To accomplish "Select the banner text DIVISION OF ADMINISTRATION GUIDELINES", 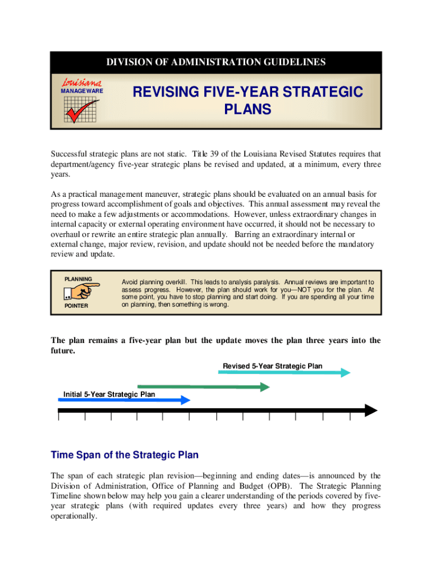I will [x=216, y=62].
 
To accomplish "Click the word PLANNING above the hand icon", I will [x=79, y=279].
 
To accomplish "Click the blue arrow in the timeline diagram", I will [x=123, y=400].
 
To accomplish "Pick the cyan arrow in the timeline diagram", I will [x=284, y=372].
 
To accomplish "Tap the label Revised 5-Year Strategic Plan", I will [x=273, y=366].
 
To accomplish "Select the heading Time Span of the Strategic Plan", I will [x=125, y=455].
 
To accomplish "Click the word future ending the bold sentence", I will [x=62, y=350].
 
